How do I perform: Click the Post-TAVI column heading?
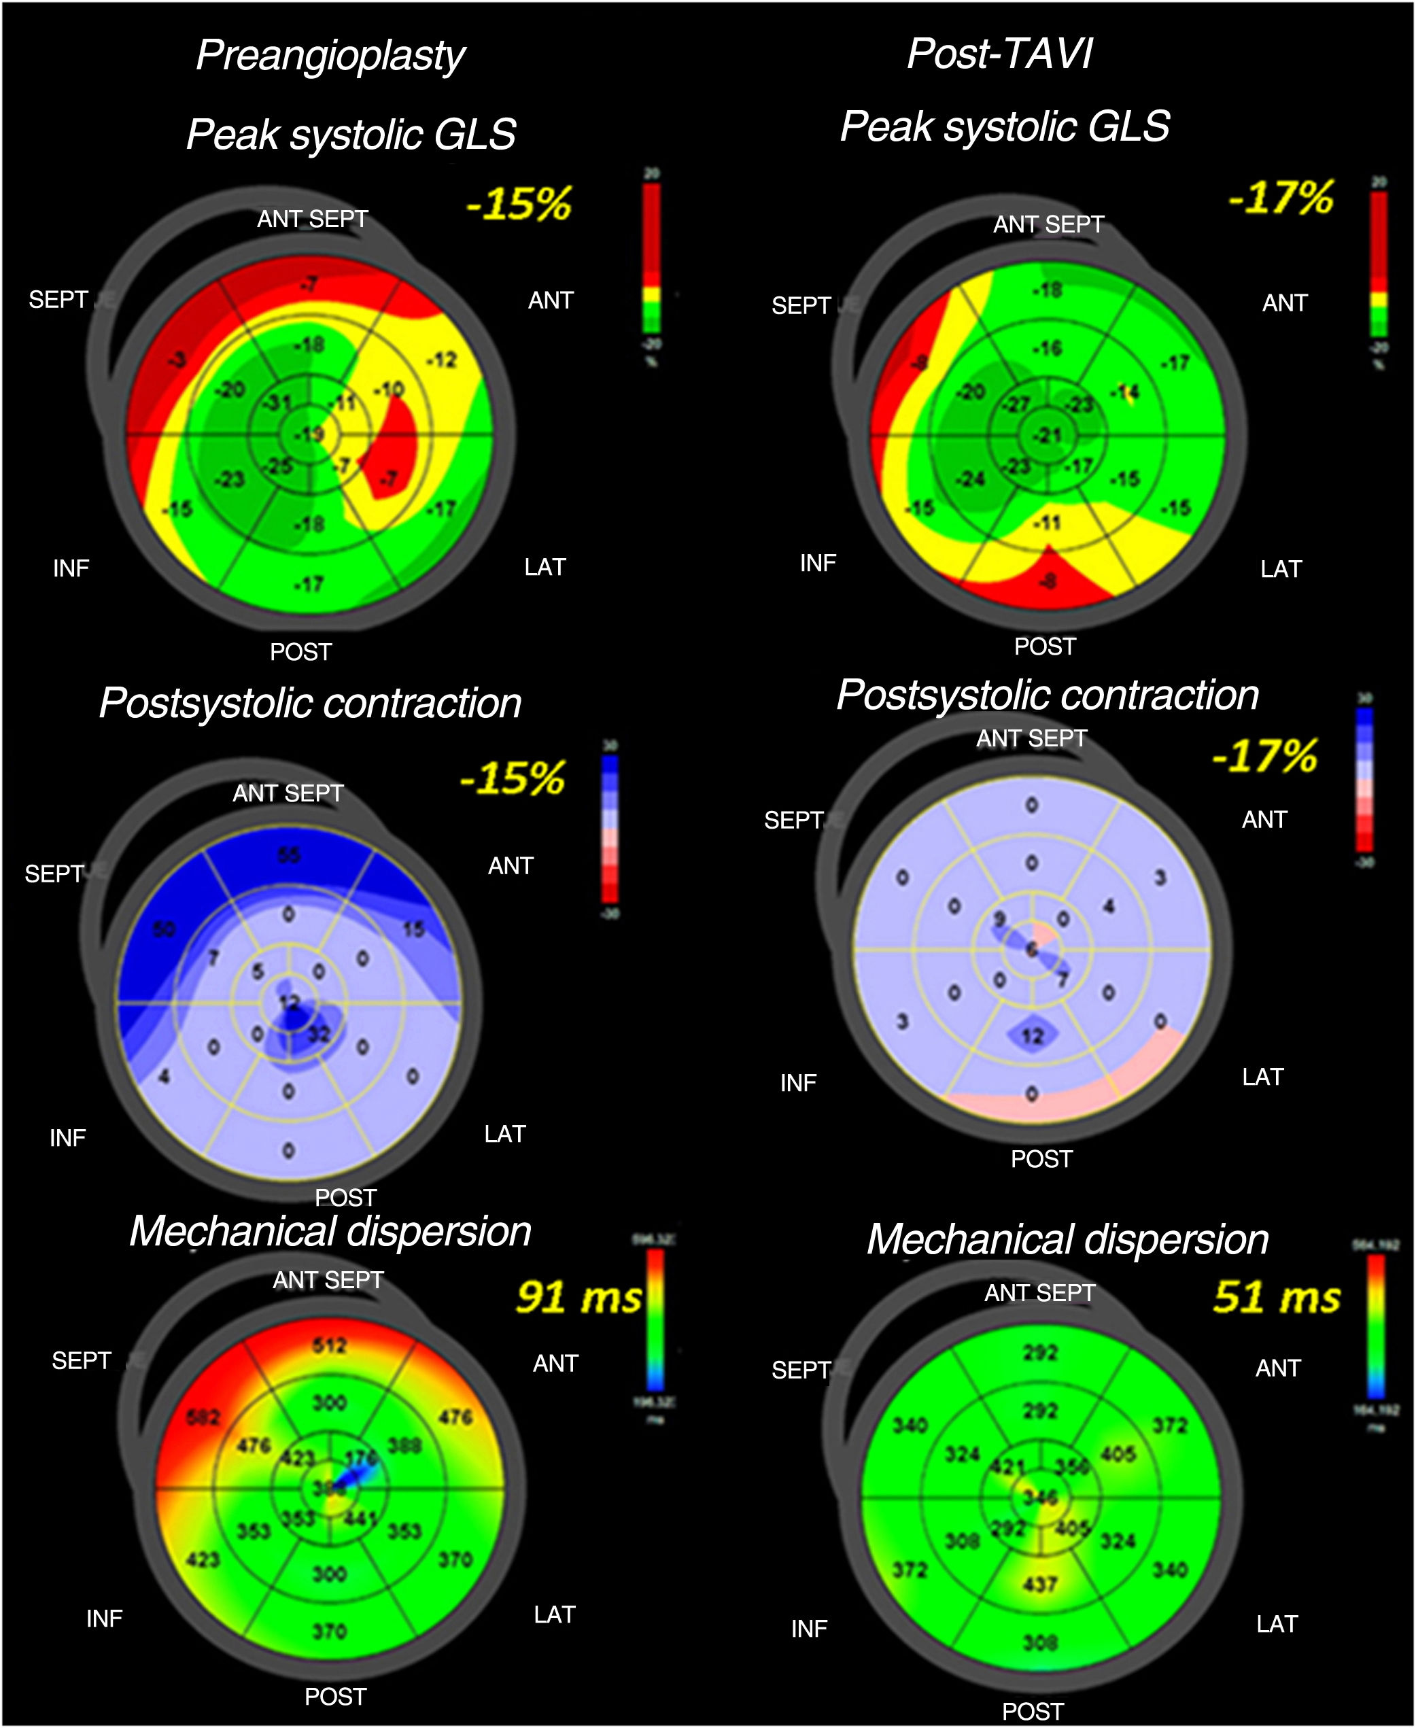(1000, 54)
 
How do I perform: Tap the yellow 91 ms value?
(579, 1296)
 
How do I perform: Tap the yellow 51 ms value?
(1276, 1296)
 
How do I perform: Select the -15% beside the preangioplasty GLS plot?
(519, 203)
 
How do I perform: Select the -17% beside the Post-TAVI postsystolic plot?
(1264, 755)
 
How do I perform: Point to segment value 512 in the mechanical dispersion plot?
(330, 1345)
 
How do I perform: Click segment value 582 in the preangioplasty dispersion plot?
(203, 1417)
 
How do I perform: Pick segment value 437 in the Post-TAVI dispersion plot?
(1040, 1584)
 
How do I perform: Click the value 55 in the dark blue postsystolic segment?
(289, 854)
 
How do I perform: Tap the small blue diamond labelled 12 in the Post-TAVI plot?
(1033, 1036)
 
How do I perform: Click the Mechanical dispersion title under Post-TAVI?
(1067, 1239)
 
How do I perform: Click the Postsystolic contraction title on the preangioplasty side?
(310, 703)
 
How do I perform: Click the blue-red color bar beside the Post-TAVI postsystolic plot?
(1364, 779)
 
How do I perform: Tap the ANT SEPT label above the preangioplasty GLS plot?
(313, 218)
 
